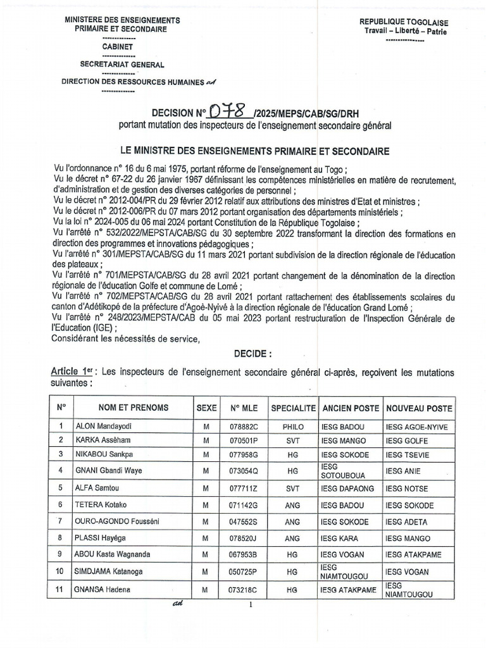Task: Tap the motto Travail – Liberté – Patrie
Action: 405,32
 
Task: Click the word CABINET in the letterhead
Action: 118,46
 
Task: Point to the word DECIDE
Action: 252,354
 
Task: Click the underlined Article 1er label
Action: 72,372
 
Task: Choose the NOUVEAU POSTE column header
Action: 419,408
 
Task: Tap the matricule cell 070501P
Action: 243,440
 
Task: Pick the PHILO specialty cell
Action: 292,427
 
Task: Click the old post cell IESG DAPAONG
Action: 347,489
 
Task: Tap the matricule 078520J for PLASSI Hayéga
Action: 243,539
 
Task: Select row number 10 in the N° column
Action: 61,572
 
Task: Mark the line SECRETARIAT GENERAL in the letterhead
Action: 121,65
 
